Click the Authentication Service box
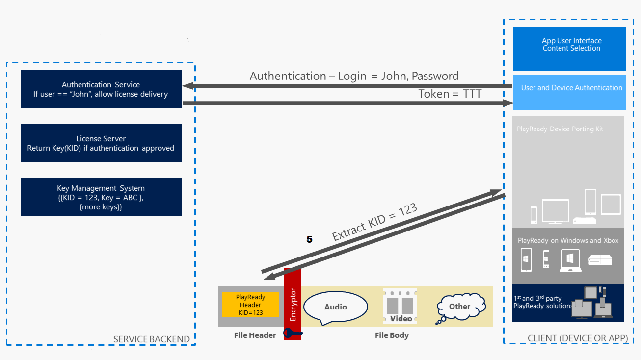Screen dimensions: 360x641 point(101,89)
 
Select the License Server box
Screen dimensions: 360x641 point(101,143)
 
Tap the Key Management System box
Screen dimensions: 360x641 point(101,197)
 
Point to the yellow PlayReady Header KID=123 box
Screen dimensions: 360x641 point(250,305)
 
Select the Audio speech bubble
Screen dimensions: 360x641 point(336,307)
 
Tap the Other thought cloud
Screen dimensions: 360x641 point(459,306)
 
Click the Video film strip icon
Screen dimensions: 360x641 point(400,307)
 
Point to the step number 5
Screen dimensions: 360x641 point(309,240)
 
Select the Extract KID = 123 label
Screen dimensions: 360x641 point(374,222)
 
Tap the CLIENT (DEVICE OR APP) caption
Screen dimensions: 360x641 point(578,338)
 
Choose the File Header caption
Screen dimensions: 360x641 point(255,335)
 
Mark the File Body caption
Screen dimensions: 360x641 point(392,335)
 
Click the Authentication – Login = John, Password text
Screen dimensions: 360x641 point(354,76)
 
